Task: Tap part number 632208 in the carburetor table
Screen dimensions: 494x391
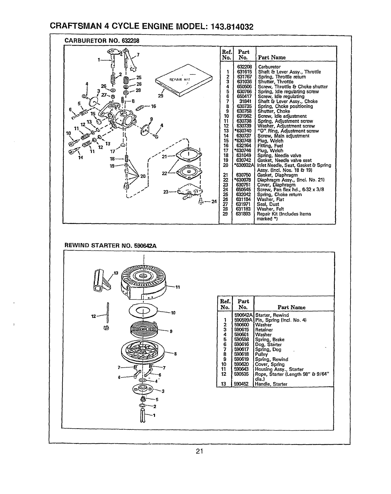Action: pos(244,67)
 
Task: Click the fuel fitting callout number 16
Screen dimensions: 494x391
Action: pos(153,106)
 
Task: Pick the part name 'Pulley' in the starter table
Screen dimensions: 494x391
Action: pos(261,354)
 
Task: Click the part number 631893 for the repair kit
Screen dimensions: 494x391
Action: pos(244,214)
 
